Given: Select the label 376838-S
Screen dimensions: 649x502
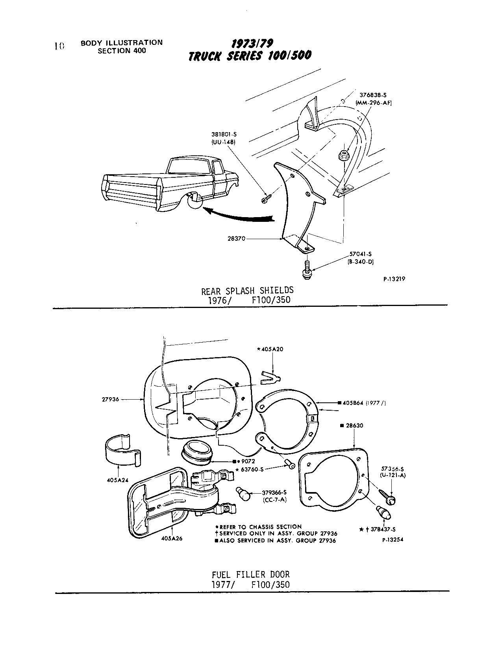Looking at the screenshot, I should point(375,95).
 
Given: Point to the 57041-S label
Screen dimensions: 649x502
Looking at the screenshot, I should point(360,254).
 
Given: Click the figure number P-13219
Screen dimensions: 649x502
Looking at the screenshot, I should point(394,279).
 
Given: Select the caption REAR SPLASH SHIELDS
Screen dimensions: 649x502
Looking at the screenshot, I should point(247,291).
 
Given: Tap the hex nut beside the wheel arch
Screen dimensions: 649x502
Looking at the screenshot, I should point(343,155).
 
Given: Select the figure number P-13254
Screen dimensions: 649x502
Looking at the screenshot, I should point(393,540).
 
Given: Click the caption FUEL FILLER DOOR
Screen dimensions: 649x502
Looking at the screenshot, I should point(250,575).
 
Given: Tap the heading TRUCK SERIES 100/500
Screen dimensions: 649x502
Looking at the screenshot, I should point(250,56).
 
